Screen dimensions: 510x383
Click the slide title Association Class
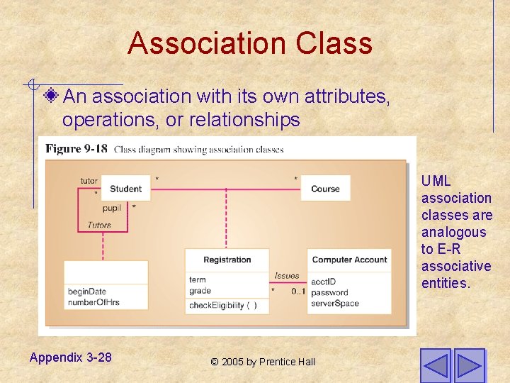click(x=249, y=43)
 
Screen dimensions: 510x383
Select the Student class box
click(x=125, y=189)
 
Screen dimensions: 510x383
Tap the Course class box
click(x=325, y=189)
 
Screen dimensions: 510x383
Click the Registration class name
click(x=227, y=260)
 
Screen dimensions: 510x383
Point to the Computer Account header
click(x=349, y=260)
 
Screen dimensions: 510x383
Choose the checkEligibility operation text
click(x=222, y=306)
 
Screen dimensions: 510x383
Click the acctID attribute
click(x=323, y=282)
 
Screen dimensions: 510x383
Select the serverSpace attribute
click(x=334, y=304)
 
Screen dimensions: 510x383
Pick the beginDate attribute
click(x=86, y=292)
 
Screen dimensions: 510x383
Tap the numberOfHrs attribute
click(x=93, y=302)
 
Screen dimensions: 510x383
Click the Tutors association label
click(x=99, y=226)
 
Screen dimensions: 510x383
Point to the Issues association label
click(x=287, y=276)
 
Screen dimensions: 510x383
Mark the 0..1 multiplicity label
click(x=298, y=292)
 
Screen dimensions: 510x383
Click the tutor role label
click(x=89, y=181)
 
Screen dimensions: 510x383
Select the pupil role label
click(x=111, y=208)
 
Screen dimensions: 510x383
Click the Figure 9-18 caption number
click(x=76, y=149)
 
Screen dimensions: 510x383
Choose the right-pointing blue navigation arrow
click(x=469, y=365)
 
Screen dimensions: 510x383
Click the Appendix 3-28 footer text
click(x=70, y=357)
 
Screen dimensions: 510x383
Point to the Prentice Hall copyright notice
click(x=263, y=362)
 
